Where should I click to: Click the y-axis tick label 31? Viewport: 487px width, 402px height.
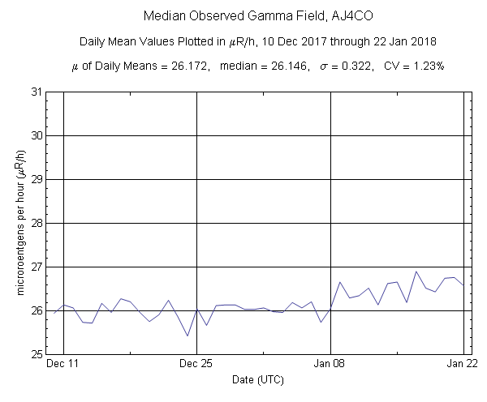point(37,92)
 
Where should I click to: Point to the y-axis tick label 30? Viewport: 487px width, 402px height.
point(37,135)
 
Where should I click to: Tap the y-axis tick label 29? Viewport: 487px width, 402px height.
point(37,179)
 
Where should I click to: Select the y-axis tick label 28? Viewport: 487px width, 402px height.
point(37,223)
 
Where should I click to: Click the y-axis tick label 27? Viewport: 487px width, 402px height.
point(37,267)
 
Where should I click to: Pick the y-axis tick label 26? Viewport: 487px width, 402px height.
point(37,310)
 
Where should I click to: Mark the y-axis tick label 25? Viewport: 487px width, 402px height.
point(37,354)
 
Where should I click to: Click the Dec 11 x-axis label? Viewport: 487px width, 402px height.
point(62,365)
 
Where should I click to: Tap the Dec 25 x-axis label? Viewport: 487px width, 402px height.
point(196,365)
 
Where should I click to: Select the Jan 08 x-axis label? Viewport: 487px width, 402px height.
point(330,365)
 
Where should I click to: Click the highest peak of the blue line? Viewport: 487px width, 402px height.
point(416,272)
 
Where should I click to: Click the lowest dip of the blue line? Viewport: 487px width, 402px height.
point(187,336)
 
